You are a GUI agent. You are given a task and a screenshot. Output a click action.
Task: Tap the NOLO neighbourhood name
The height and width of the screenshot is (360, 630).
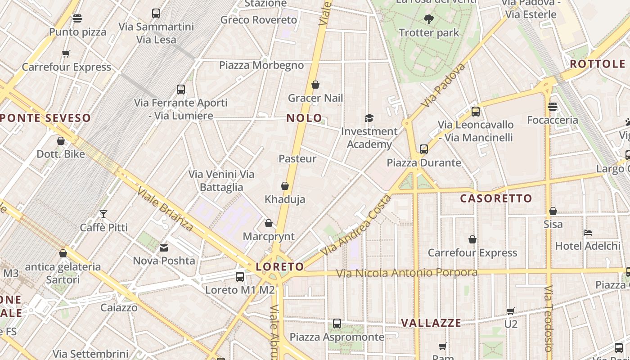[305, 118]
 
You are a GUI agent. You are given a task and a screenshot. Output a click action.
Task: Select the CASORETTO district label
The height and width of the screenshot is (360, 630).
[496, 198]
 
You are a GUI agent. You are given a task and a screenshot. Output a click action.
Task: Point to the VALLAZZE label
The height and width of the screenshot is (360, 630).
[431, 323]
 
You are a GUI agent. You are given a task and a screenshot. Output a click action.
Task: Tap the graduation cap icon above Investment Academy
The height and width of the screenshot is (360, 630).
[369, 118]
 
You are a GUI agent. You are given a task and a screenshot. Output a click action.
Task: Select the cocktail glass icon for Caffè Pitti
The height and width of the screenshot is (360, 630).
[103, 214]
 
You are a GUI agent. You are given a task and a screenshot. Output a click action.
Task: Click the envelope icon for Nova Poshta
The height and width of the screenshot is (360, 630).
[164, 247]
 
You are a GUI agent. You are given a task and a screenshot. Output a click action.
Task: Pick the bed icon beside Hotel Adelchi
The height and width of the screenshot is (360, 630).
[587, 233]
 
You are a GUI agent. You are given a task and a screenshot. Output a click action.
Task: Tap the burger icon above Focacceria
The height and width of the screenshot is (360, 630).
[553, 107]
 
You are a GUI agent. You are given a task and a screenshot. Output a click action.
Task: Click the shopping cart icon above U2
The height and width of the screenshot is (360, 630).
[510, 311]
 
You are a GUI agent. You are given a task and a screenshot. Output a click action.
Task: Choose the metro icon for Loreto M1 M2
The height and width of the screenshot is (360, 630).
[240, 277]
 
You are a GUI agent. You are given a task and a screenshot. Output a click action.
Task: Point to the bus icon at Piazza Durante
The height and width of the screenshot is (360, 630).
[423, 149]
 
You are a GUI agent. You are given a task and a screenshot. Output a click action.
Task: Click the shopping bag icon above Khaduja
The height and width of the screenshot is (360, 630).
[284, 186]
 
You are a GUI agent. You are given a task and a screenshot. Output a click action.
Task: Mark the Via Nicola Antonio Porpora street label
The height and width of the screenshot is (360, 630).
[407, 273]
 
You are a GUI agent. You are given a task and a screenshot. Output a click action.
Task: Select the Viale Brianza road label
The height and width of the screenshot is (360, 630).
[166, 209]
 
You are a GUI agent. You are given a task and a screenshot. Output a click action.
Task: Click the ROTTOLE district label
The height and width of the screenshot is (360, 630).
[598, 64]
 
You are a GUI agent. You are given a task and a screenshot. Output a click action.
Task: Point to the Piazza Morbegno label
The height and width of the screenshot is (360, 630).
[261, 65]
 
